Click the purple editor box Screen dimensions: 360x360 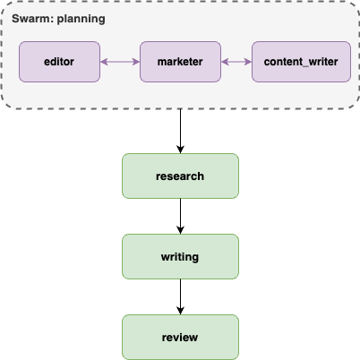pos(60,62)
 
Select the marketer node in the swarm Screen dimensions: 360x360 pos(180,62)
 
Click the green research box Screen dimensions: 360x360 pos(180,176)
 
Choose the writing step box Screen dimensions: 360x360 pos(180,256)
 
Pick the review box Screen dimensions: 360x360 pos(180,337)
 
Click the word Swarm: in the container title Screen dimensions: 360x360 pos(32,19)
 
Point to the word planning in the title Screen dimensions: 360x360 pos(81,19)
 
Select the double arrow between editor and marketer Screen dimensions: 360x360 pos(120,62)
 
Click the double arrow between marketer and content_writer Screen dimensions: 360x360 pos(236,62)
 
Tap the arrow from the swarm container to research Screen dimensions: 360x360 pos(180,130)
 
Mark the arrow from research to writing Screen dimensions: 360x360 pos(180,216)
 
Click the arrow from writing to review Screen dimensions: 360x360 pos(180,296)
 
